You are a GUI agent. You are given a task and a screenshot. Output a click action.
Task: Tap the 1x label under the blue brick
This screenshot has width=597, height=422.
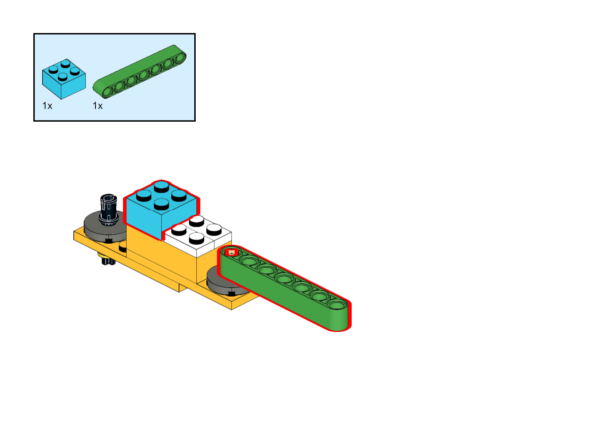click(x=47, y=106)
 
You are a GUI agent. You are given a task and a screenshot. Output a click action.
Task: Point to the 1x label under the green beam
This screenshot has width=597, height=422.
click(x=97, y=106)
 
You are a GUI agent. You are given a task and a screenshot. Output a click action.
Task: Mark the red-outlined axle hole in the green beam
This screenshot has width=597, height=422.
click(x=232, y=252)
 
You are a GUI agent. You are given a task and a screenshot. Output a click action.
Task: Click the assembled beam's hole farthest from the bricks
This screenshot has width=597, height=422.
click(x=337, y=305)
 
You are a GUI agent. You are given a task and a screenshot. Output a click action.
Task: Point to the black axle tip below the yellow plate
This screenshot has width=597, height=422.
click(x=108, y=262)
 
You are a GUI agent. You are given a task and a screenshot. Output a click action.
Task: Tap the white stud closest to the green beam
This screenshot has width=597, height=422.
click(x=214, y=230)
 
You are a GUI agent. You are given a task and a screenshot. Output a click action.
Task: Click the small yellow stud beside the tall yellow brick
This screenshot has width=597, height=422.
click(x=123, y=246)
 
